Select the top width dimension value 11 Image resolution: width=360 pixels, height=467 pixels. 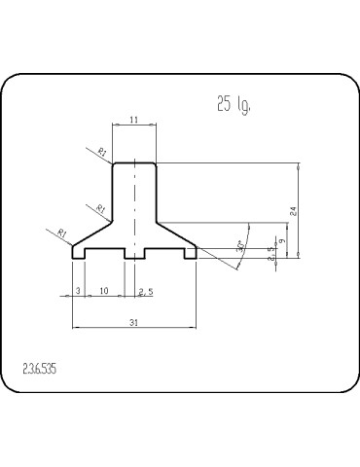pyautogui.click(x=133, y=119)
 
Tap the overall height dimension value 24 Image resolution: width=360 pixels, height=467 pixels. pyautogui.click(x=293, y=210)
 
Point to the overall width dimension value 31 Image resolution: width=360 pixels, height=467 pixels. pyautogui.click(x=134, y=322)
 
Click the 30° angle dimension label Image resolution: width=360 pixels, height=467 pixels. pyautogui.click(x=240, y=247)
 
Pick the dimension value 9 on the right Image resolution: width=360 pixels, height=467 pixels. pyautogui.click(x=282, y=239)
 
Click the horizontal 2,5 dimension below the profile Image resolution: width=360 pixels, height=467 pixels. pyautogui.click(x=146, y=290)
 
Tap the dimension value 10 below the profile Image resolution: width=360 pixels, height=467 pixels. pyautogui.click(x=105, y=290)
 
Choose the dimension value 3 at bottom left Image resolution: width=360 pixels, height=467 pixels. pyautogui.click(x=78, y=290)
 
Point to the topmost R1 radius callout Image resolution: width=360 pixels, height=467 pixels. pyautogui.click(x=101, y=151)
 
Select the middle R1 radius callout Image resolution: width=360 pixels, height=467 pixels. pyautogui.click(x=99, y=207)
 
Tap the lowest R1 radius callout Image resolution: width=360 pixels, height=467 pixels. pyautogui.click(x=61, y=233)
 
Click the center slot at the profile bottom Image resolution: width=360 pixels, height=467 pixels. pyautogui.click(x=134, y=256)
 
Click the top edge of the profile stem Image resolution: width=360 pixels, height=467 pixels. pyautogui.click(x=134, y=162)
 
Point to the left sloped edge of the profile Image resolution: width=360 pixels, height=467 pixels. pyautogui.click(x=93, y=233)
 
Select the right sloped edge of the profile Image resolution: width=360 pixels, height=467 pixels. pyautogui.click(x=176, y=233)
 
